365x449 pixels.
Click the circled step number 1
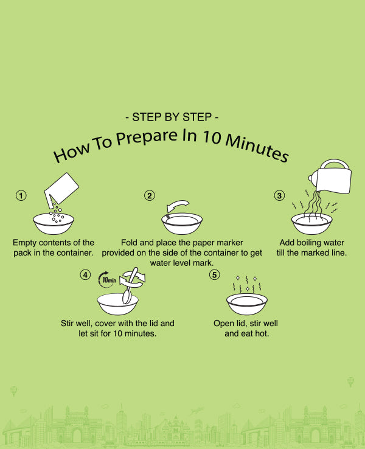click(21, 195)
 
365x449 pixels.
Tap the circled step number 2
click(150, 195)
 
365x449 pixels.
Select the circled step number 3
click(279, 195)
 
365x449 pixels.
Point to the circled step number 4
click(85, 275)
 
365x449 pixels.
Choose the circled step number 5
click(214, 275)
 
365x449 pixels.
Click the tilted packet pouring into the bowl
click(61, 189)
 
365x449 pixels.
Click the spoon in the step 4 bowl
click(130, 287)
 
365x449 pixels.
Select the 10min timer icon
click(107, 279)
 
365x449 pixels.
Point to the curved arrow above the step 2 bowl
click(178, 206)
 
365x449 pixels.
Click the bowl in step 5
click(247, 304)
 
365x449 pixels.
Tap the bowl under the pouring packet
click(54, 223)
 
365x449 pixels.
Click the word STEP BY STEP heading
click(172, 117)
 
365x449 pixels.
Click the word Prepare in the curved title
click(147, 137)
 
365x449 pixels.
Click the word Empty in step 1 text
click(24, 243)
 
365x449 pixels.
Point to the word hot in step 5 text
click(263, 333)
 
